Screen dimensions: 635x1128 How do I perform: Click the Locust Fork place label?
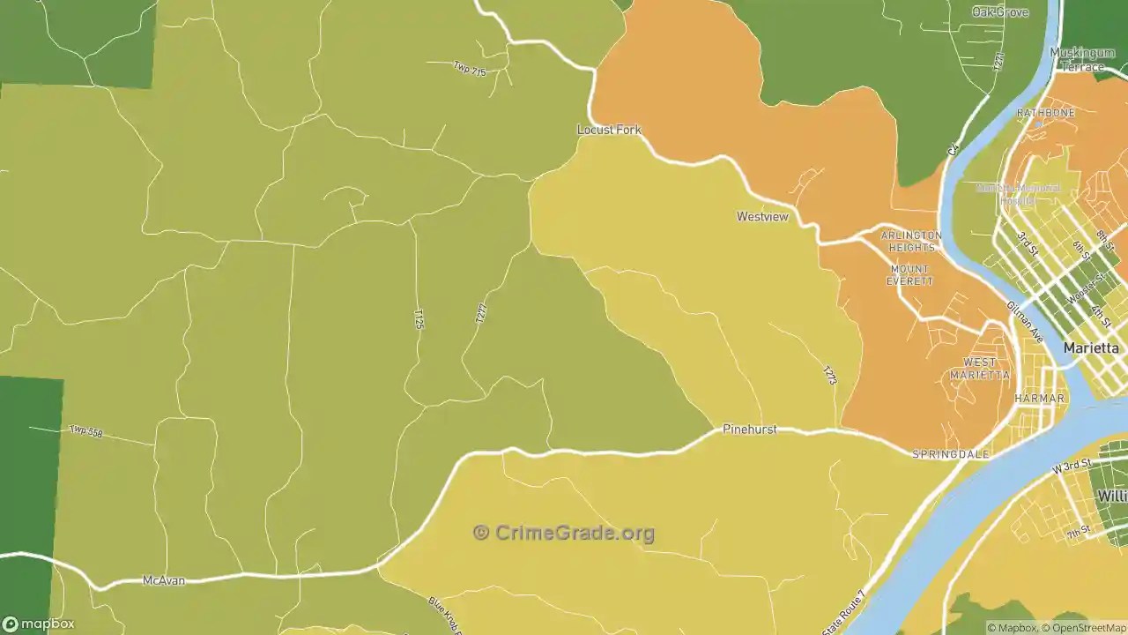(x=609, y=130)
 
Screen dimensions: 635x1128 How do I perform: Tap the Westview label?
(x=762, y=216)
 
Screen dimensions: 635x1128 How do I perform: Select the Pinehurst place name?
(x=750, y=430)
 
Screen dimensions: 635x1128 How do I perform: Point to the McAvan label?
(x=164, y=581)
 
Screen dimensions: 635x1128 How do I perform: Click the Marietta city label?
(x=1091, y=348)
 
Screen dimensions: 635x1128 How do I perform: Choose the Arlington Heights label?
(x=910, y=242)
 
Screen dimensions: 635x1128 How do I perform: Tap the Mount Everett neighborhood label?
(x=909, y=275)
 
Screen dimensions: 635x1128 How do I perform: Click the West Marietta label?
(x=980, y=369)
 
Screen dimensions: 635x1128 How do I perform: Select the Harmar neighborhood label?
(x=1040, y=399)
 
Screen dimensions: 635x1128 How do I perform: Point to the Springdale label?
(x=950, y=455)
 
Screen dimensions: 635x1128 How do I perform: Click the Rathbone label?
(x=1046, y=113)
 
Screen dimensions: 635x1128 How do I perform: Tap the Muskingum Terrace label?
(x=1082, y=60)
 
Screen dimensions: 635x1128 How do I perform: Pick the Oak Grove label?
(x=1000, y=11)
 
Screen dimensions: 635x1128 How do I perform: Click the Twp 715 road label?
(x=470, y=69)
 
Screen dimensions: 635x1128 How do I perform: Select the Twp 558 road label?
(x=85, y=431)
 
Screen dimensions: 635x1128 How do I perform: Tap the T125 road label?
(x=419, y=318)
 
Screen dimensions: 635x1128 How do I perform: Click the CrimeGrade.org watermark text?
(x=564, y=533)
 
